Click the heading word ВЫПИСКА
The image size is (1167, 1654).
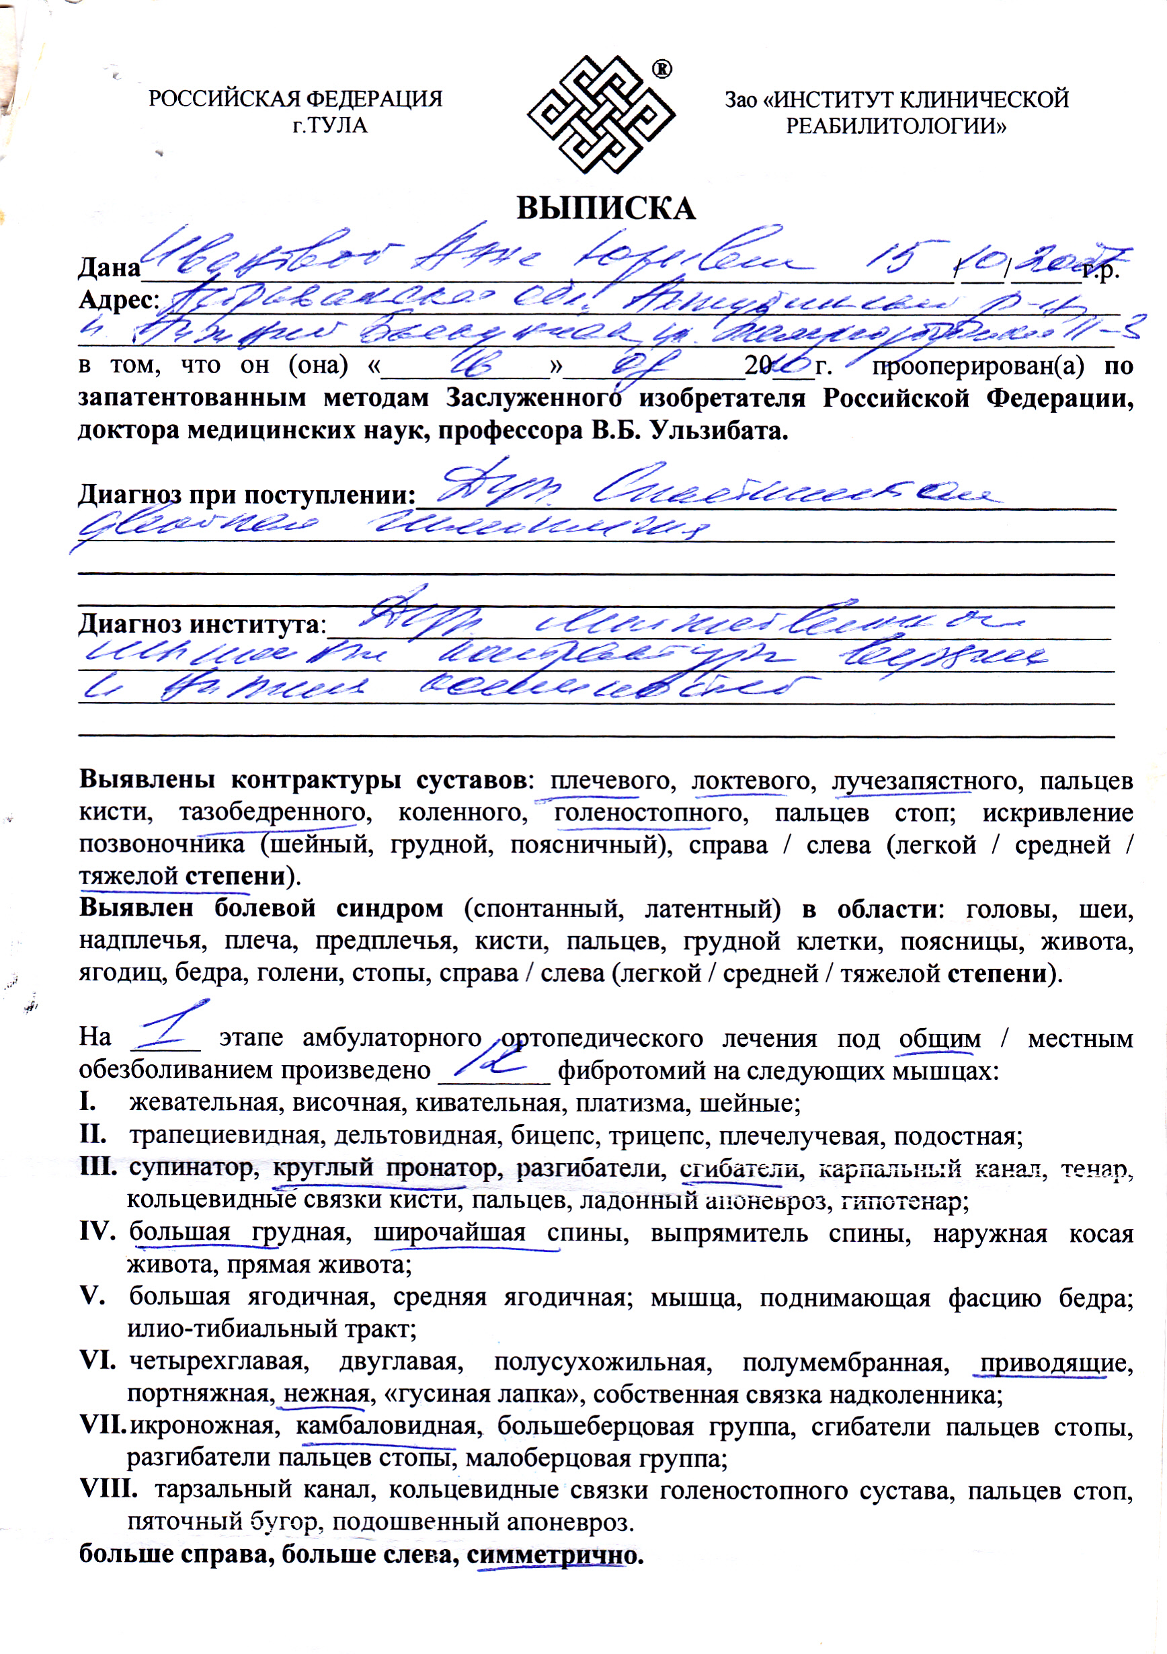(x=606, y=208)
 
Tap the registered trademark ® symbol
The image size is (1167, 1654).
(x=661, y=69)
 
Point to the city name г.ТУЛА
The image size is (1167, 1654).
(x=330, y=125)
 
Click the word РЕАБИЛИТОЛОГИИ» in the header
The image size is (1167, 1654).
(x=895, y=126)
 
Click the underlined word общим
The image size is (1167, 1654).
(x=939, y=1039)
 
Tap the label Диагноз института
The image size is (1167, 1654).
(x=202, y=624)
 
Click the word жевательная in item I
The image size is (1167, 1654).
(x=203, y=1103)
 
